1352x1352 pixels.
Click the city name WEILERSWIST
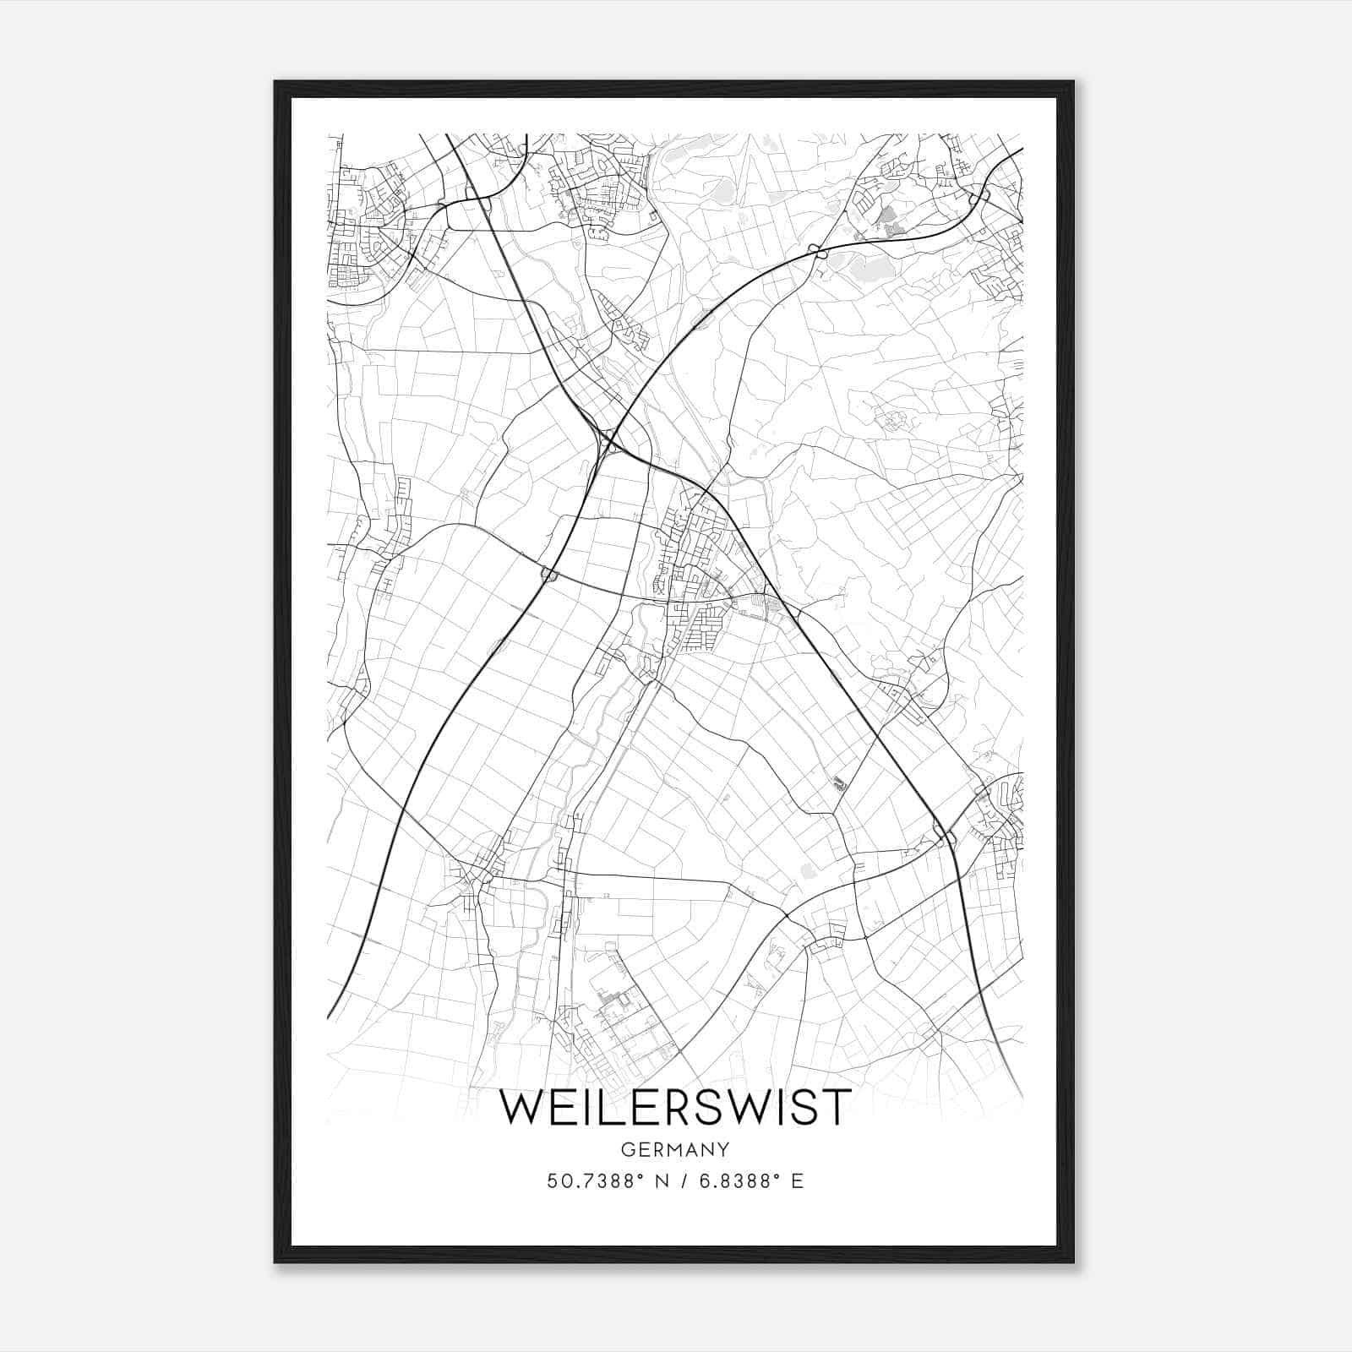click(675, 1108)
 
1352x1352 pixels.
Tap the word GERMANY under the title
click(675, 1149)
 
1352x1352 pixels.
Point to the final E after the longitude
click(797, 1181)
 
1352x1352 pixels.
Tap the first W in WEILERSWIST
click(523, 1108)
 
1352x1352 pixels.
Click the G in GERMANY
click(627, 1149)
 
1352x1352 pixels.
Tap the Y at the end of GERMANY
click(723, 1149)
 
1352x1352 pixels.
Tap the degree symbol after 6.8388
click(776, 1176)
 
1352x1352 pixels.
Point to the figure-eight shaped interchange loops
click(816, 249)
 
